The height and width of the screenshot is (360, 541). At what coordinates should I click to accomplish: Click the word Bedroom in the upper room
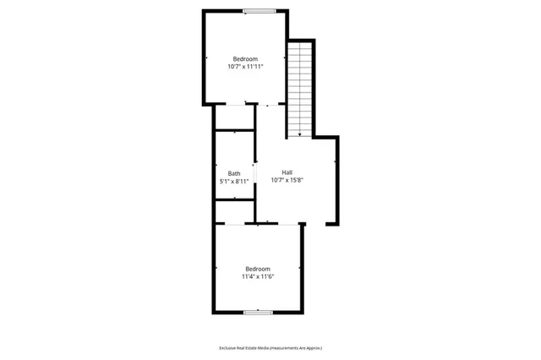[245, 58]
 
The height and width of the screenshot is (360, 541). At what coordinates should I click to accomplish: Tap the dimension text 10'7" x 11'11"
[245, 66]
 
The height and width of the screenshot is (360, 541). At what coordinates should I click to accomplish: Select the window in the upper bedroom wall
[260, 10]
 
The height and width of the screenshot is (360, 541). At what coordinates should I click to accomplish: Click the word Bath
[233, 173]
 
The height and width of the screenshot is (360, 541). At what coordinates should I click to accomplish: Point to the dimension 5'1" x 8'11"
[234, 181]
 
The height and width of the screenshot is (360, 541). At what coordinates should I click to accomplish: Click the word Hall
[287, 172]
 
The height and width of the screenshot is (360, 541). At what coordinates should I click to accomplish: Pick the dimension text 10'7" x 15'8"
[287, 180]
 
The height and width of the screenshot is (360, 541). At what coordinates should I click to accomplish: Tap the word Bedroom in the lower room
[257, 269]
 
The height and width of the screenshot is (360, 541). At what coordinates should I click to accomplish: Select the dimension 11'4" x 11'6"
[257, 276]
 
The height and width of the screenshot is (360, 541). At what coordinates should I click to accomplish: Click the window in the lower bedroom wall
[258, 313]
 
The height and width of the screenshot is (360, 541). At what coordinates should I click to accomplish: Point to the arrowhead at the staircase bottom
[299, 134]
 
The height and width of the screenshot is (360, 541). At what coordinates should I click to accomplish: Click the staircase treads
[299, 85]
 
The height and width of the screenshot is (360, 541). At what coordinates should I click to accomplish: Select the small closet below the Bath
[234, 211]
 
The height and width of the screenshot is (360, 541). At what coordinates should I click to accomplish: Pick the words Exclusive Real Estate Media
[244, 348]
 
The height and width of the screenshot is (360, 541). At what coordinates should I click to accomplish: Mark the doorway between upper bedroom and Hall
[264, 104]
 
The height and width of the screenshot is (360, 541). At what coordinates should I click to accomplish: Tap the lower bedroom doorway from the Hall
[283, 224]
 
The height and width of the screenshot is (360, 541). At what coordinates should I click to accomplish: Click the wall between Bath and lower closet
[234, 200]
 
